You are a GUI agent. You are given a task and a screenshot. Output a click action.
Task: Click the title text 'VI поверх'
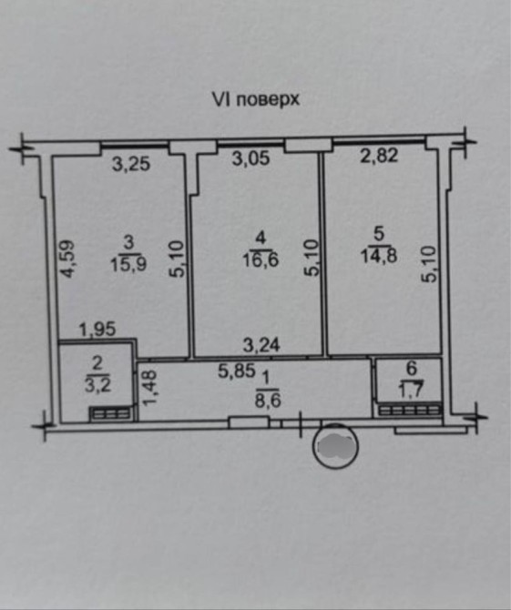coord(255,99)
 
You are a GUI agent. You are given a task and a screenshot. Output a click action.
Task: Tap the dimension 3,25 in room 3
coord(131,164)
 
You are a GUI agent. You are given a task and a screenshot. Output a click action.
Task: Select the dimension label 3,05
coord(250,158)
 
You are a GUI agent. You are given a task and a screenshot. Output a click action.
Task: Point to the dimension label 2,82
coord(380,155)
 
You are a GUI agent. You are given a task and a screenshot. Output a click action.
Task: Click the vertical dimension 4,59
coord(67,259)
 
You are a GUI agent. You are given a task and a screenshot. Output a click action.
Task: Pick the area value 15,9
coord(128,265)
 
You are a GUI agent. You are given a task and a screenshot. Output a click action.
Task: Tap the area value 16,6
coord(261,259)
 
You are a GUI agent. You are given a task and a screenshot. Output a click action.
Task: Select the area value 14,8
coord(379,257)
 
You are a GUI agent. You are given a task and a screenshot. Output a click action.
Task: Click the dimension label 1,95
coord(97,330)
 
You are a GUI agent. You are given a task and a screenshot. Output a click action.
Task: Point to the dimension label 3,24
coord(261,345)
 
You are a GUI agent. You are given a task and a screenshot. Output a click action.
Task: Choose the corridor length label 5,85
coord(237,371)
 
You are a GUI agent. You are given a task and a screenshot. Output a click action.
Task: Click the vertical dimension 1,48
coord(149,388)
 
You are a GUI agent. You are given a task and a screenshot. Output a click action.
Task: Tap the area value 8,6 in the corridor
coord(268,400)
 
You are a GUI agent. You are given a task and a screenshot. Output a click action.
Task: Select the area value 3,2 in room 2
coord(98,385)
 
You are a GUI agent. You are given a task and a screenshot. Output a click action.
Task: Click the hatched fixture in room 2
coord(111,414)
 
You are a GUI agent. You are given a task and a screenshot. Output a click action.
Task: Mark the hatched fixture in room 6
coord(411,411)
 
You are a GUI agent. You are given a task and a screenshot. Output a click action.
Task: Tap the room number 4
coord(261,238)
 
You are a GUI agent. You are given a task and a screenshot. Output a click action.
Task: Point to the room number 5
coord(379,234)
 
